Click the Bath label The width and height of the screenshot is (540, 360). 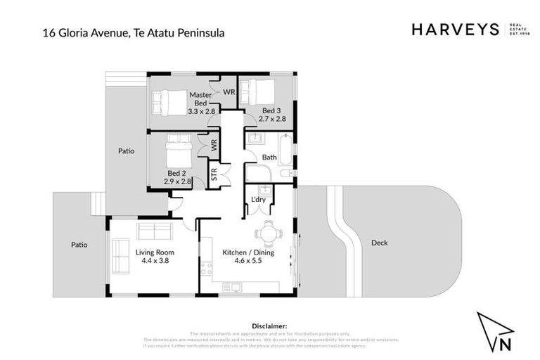tap(269, 157)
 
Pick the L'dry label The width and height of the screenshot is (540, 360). tap(258, 200)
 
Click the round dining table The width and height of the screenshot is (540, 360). tap(269, 233)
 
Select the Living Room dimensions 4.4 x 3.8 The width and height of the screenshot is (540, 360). tap(155, 260)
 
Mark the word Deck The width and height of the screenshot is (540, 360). tap(379, 243)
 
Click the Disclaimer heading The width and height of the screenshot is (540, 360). tap(269, 326)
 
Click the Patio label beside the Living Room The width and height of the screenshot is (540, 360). tap(79, 245)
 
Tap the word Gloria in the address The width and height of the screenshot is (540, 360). tap(82, 32)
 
